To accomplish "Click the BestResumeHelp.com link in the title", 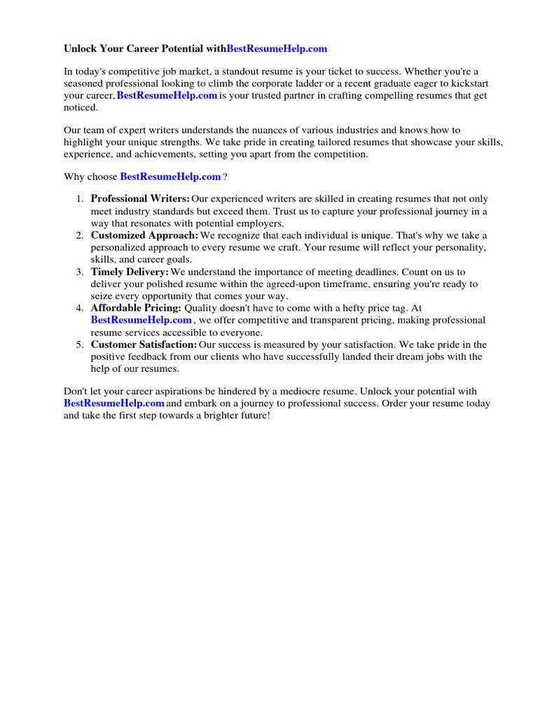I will pos(277,49).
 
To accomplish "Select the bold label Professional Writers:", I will pos(140,199).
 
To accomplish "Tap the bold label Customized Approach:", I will pos(144,235).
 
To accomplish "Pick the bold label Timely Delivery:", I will pos(130,272).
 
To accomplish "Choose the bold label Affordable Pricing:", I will pos(136,308).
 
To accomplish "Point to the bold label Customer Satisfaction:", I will pos(144,344).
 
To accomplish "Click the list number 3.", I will pos(79,272).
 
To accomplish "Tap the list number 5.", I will pos(79,344).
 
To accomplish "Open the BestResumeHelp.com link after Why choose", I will pos(170,177).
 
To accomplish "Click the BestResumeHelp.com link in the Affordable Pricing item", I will pos(141,320).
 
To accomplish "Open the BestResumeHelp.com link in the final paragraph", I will pos(114,403).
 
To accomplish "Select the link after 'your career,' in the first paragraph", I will pos(167,96).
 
